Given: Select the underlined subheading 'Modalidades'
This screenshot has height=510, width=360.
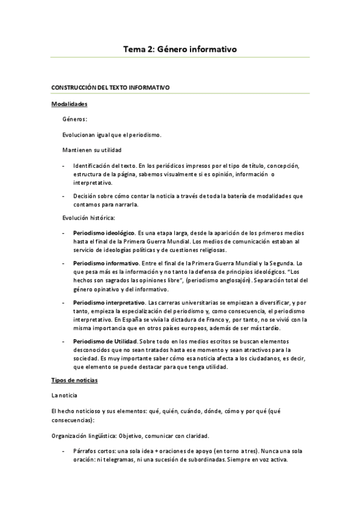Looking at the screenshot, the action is coord(70,103).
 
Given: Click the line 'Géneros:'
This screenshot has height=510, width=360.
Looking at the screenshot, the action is coord(75,119).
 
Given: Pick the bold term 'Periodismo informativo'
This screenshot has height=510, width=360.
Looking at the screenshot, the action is coord(106,263).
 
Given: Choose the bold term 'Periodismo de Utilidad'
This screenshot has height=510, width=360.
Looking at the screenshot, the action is coord(106,341).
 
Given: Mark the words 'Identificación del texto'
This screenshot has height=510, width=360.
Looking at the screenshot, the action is coord(105,165).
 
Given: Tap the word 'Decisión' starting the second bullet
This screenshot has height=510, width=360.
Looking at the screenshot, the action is coord(85,196).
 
